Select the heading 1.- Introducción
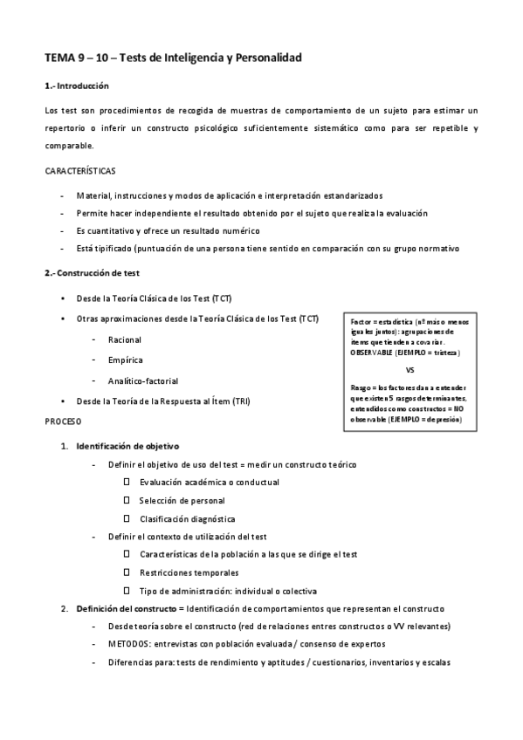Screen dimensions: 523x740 (76, 86)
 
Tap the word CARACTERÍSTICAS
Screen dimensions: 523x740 (80, 170)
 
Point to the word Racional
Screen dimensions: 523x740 (124, 339)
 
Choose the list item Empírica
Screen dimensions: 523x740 (126, 360)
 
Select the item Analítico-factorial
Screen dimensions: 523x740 (143, 380)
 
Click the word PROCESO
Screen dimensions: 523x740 (63, 421)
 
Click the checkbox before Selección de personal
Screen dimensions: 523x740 (127, 500)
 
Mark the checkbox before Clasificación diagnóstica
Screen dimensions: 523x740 (127, 518)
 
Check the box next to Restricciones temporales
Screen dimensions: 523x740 (127, 572)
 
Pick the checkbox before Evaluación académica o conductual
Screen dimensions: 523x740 (127, 482)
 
